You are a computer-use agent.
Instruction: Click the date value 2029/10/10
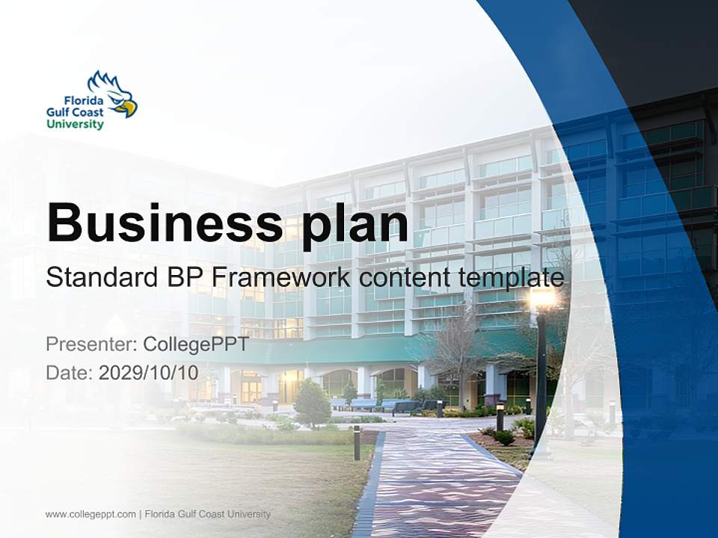149,373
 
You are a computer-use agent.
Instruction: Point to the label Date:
70,373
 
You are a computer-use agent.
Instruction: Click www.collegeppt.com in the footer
90,514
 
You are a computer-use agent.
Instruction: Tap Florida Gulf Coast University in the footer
208,514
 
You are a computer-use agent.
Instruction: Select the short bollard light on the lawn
357,442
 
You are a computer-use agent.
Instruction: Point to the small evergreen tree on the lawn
312,403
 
